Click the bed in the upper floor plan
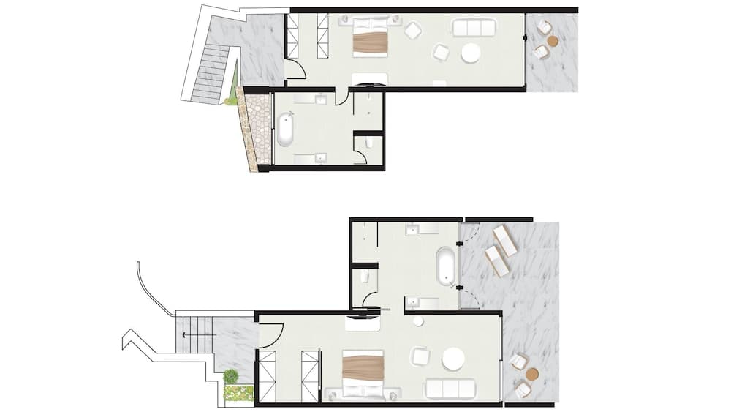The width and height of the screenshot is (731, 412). [x=369, y=37]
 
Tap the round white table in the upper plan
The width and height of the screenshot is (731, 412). [x=470, y=53]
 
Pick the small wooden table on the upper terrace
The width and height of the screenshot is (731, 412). [x=553, y=40]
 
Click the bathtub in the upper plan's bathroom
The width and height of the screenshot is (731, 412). [x=285, y=129]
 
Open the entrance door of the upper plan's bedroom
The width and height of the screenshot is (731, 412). [x=295, y=70]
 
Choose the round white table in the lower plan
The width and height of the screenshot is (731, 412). [x=452, y=359]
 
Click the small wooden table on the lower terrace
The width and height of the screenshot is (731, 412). [x=532, y=373]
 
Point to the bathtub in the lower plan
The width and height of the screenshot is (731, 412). [x=445, y=266]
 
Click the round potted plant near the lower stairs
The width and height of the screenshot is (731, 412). [x=231, y=376]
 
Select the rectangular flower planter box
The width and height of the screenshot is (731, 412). [x=239, y=393]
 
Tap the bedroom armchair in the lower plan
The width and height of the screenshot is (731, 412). [x=420, y=356]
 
